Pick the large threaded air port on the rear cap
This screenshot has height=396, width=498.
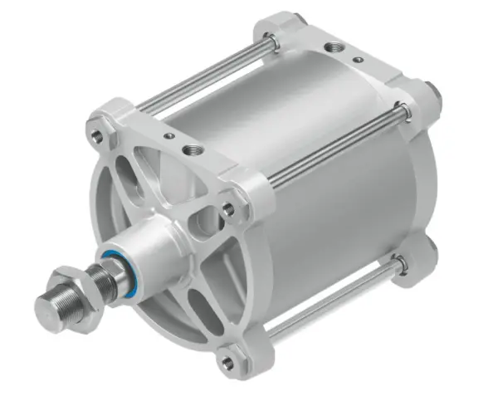click(335, 47)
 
